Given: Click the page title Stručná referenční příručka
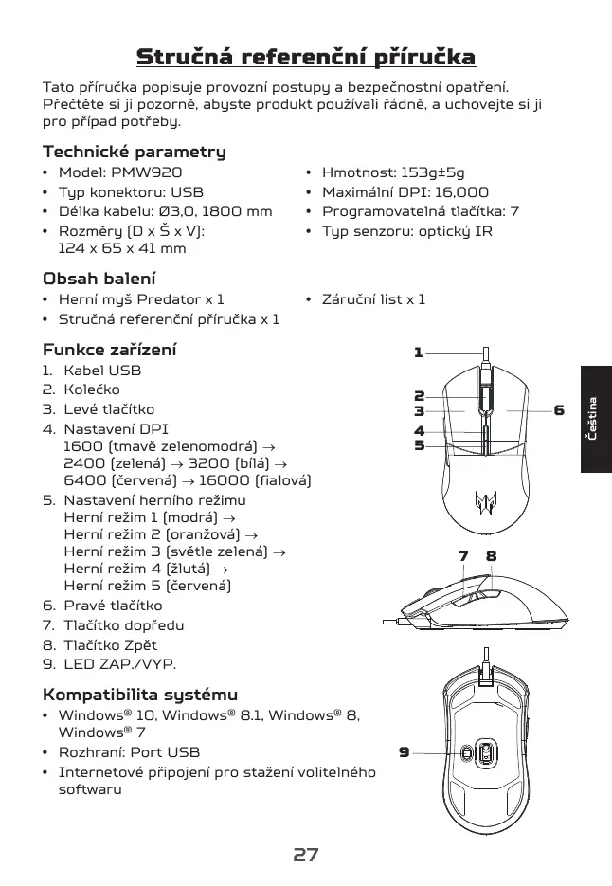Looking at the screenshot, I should pyautogui.click(x=305, y=57).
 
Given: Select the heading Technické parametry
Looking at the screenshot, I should pyautogui.click(x=135, y=152).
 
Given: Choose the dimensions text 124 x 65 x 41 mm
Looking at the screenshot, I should pyautogui.click(x=122, y=249).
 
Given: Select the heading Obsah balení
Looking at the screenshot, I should pyautogui.click(x=99, y=279).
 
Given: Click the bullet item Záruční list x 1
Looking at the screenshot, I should pyautogui.click(x=373, y=299).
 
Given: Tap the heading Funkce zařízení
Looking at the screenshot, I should pyautogui.click(x=110, y=350).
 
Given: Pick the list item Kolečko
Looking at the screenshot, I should pyautogui.click(x=91, y=389).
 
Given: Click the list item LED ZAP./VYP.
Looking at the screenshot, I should pyautogui.click(x=119, y=664).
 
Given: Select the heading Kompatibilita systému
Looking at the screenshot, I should pyautogui.click(x=140, y=695).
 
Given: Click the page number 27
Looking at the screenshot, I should pyautogui.click(x=305, y=855).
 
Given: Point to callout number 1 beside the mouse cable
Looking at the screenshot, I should pyautogui.click(x=418, y=353).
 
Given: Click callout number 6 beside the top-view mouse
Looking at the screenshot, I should pyautogui.click(x=559, y=410).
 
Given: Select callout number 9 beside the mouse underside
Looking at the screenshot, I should pyautogui.click(x=404, y=752).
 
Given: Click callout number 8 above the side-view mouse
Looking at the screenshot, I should pyautogui.click(x=492, y=556).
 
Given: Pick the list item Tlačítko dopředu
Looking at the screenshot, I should pyautogui.click(x=123, y=625).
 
